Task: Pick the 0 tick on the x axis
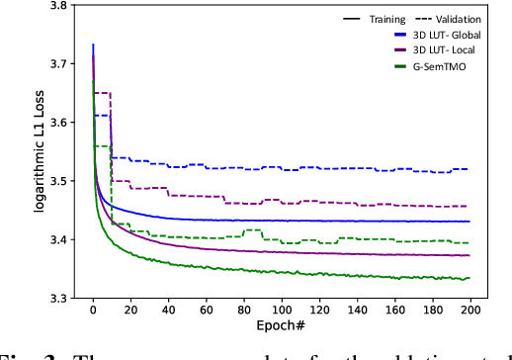93,311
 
